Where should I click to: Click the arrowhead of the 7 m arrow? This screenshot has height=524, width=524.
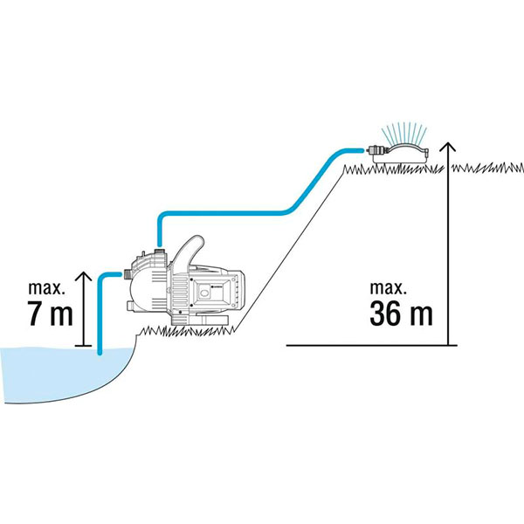84,277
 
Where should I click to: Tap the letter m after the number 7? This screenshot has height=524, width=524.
60,315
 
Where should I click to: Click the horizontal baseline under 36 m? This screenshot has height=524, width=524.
376,346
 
